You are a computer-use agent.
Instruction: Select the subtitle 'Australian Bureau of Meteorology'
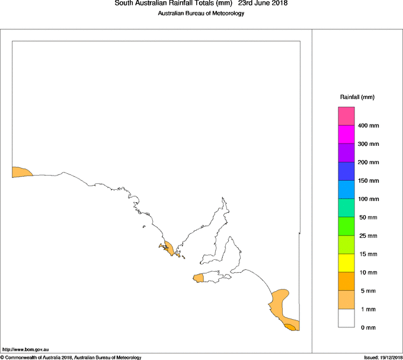pyautogui.click(x=201, y=14)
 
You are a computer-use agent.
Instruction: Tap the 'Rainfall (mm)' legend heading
pyautogui.click(x=357, y=97)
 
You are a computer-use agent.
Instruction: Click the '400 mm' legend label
pyautogui.click(x=368, y=126)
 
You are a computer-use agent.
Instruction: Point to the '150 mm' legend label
pyautogui.click(x=368, y=181)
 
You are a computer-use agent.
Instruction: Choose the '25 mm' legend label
pyautogui.click(x=367, y=218)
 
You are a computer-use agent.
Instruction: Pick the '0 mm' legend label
pyautogui.click(x=365, y=327)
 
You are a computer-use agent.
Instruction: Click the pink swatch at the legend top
pyautogui.click(x=346, y=116)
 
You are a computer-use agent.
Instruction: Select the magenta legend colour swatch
pyautogui.click(x=346, y=135)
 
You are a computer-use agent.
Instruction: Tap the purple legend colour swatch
pyautogui.click(x=346, y=153)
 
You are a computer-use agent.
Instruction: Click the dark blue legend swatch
pyautogui.click(x=346, y=171)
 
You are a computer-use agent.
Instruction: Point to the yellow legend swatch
pyautogui.click(x=346, y=263)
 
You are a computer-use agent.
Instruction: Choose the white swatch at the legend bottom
pyautogui.click(x=346, y=318)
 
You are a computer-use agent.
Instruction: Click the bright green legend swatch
pyautogui.click(x=346, y=227)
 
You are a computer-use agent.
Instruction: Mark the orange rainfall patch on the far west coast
pyautogui.click(x=21, y=173)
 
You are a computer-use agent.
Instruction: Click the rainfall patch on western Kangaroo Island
pyautogui.click(x=198, y=278)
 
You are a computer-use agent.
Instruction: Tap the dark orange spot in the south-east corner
pyautogui.click(x=290, y=327)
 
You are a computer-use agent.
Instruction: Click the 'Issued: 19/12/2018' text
pyautogui.click(x=383, y=357)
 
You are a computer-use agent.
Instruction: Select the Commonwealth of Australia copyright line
pyautogui.click(x=71, y=357)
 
